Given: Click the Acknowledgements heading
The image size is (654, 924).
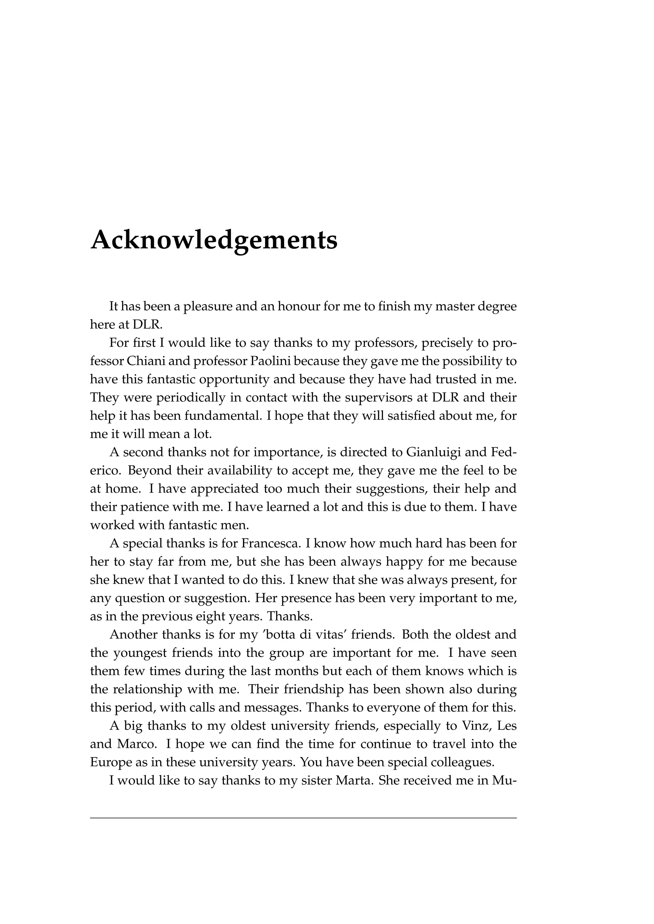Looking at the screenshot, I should [x=214, y=240].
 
